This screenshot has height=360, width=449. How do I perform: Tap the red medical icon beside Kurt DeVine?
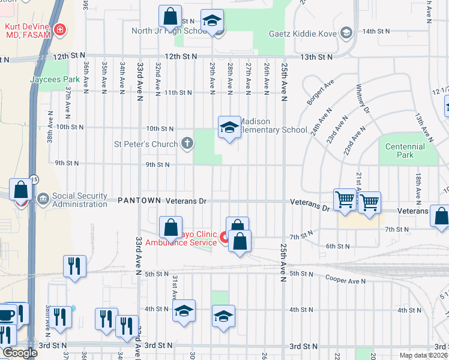point(59,29)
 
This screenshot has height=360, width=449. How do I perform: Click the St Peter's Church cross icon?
point(187,143)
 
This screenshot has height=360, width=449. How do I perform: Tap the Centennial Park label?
point(405,151)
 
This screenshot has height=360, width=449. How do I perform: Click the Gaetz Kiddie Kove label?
point(304,32)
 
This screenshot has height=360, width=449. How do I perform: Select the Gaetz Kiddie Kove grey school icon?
point(346,32)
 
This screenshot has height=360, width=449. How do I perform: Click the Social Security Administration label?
point(79,200)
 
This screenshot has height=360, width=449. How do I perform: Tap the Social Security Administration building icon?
point(43,199)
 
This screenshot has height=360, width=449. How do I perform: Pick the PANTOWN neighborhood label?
point(140,200)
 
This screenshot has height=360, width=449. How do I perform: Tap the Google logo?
point(19,353)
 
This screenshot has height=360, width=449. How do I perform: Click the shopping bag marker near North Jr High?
point(170,17)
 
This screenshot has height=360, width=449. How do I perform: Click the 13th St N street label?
point(316,57)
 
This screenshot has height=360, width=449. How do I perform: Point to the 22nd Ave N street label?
point(353,142)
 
